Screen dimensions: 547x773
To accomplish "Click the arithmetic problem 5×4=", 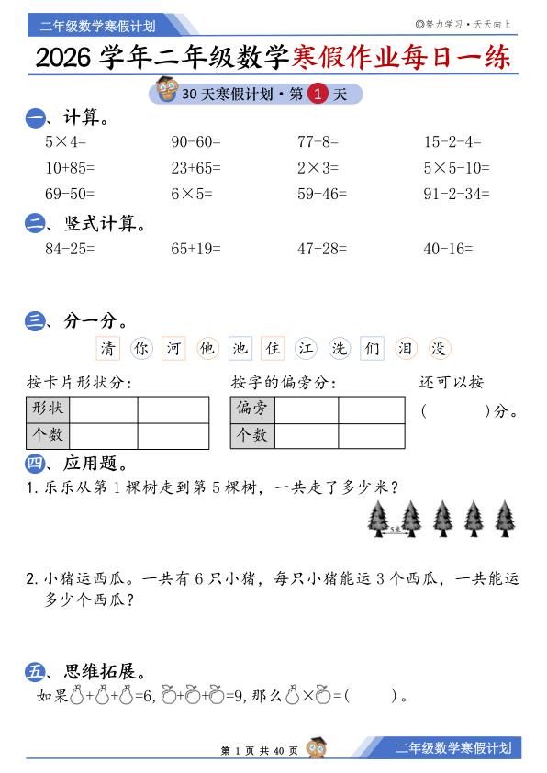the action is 65,142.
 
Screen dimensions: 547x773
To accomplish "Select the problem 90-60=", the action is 196,142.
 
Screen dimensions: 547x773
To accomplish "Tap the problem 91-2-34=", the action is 456,194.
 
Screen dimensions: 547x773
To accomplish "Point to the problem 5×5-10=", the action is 456,168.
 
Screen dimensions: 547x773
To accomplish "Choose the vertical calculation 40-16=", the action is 448,247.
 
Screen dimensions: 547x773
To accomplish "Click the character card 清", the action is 109,349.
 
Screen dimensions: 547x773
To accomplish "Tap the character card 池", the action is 240,349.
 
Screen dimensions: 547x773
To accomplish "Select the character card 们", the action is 372,349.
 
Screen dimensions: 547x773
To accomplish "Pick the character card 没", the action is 439,349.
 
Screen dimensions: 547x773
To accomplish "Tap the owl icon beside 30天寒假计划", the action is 166,91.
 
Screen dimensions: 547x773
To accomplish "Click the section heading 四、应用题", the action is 77,464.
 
